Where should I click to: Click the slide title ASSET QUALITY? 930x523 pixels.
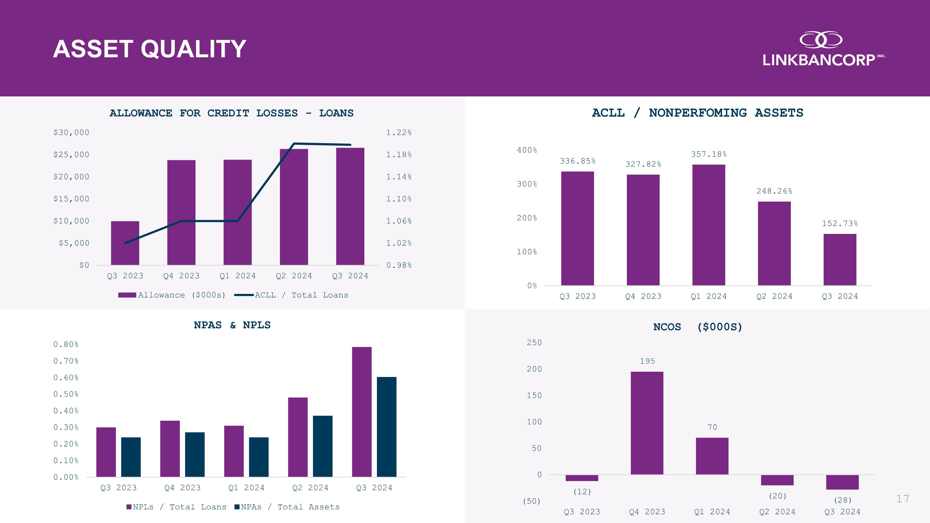pyautogui.click(x=149, y=49)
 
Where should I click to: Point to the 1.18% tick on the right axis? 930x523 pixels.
pyautogui.click(x=399, y=155)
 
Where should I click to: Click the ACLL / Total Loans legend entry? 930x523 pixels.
pyautogui.click(x=292, y=295)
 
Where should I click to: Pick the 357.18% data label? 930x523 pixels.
pyautogui.click(x=709, y=154)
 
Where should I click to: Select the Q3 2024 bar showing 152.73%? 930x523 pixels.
pyautogui.click(x=840, y=259)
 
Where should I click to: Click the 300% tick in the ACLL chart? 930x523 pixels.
pyautogui.click(x=527, y=184)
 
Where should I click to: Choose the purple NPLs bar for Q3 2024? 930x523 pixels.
pyautogui.click(x=362, y=412)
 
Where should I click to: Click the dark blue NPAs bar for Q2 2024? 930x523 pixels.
pyautogui.click(x=322, y=446)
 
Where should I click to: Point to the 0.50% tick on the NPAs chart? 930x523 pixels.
pyautogui.click(x=66, y=394)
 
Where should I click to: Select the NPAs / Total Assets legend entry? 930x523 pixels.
pyautogui.click(x=287, y=507)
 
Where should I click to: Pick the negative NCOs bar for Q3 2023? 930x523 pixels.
pyautogui.click(x=582, y=478)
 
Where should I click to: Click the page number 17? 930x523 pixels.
pyautogui.click(x=902, y=499)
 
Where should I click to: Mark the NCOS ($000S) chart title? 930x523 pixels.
pyautogui.click(x=697, y=327)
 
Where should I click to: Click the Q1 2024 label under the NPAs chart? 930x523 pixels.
pyautogui.click(x=246, y=488)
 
